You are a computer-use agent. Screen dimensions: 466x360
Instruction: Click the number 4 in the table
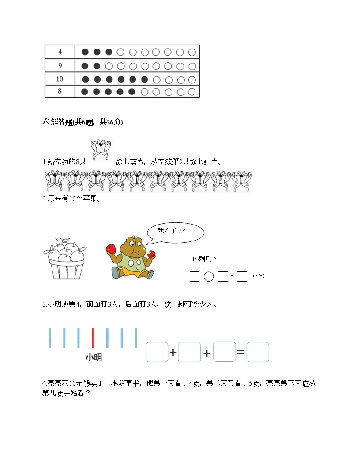(x=60, y=52)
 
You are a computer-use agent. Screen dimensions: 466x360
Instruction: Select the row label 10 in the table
(x=60, y=79)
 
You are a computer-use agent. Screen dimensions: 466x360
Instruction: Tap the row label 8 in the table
(x=60, y=92)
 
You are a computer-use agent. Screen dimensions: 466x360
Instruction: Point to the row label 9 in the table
(x=60, y=66)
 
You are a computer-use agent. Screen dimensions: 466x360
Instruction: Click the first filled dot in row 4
(x=85, y=52)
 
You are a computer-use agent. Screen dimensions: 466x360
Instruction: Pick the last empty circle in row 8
(x=191, y=92)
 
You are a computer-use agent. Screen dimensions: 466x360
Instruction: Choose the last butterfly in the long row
(x=242, y=181)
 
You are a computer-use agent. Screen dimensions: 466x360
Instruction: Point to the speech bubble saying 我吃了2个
(x=176, y=231)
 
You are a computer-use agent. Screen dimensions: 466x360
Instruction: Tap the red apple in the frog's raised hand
(x=111, y=249)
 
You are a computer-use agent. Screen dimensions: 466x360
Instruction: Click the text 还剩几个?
(x=206, y=259)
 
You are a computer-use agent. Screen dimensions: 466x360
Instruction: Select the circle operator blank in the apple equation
(x=209, y=277)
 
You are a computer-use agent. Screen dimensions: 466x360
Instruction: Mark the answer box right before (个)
(x=242, y=277)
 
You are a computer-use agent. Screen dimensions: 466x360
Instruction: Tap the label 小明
(x=94, y=357)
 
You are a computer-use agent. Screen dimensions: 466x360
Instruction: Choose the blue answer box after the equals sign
(x=258, y=352)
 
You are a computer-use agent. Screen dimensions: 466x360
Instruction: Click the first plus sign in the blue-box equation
(x=173, y=353)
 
